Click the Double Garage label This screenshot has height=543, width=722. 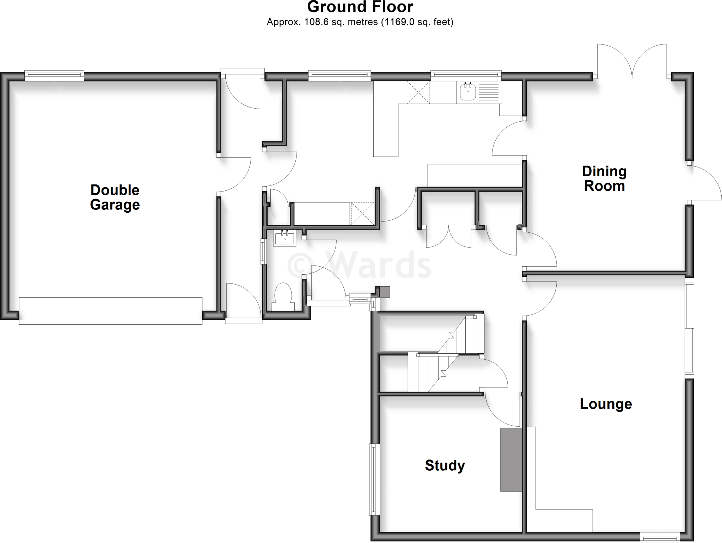pyautogui.click(x=115, y=197)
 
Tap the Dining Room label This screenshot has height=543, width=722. pyautogui.click(x=604, y=179)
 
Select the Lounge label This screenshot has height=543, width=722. pyautogui.click(x=606, y=404)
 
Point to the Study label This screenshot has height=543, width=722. pyautogui.click(x=445, y=465)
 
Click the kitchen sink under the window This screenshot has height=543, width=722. pyautogui.click(x=468, y=92)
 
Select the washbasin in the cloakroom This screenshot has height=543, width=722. pyautogui.click(x=284, y=238)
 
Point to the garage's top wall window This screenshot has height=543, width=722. pyautogui.click(x=54, y=75)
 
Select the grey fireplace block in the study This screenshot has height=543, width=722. pyautogui.click(x=511, y=459)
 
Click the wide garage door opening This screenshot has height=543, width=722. pyautogui.click(x=111, y=311)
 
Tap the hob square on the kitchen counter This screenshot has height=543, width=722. pyautogui.click(x=418, y=92)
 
